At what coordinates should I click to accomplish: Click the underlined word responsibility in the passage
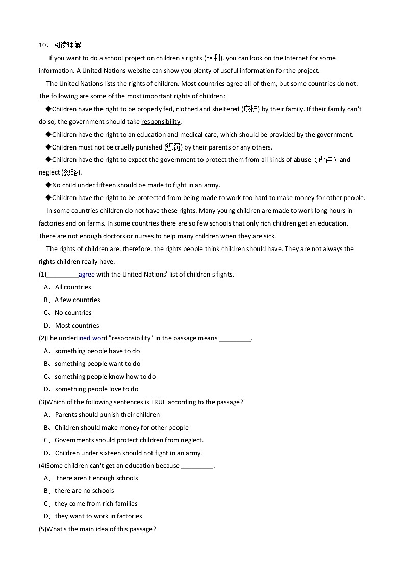pyautogui.click(x=161, y=122)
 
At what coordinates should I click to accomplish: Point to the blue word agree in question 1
pyautogui.click(x=87, y=275)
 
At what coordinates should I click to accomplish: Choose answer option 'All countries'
pyautogui.click(x=73, y=287)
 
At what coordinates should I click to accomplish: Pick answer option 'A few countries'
pyautogui.click(x=77, y=300)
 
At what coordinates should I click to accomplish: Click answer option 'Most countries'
pyautogui.click(x=77, y=326)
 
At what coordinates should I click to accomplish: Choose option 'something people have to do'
pyautogui.click(x=97, y=351)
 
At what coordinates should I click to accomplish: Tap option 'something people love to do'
pyautogui.click(x=96, y=389)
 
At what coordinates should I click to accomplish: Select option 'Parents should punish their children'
pyautogui.click(x=107, y=415)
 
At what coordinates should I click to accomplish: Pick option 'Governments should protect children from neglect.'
pyautogui.click(x=129, y=440)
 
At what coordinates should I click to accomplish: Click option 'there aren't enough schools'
pyautogui.click(x=97, y=478)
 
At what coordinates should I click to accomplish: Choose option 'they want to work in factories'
pyautogui.click(x=98, y=516)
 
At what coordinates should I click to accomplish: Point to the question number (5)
pyautogui.click(x=42, y=529)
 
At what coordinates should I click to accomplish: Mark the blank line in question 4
pyautogui.click(x=197, y=466)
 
